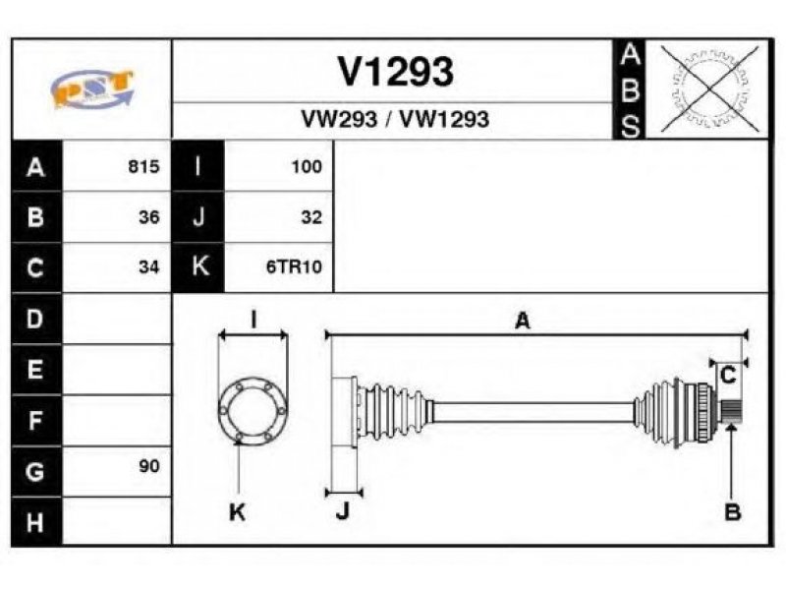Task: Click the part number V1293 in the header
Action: [x=396, y=71]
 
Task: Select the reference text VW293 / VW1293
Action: [x=395, y=119]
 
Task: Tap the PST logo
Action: [x=92, y=88]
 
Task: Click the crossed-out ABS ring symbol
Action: [x=709, y=88]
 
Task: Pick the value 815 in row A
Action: [x=143, y=166]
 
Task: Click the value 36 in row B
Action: [x=149, y=217]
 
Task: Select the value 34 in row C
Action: [x=149, y=266]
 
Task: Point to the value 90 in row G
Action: [x=149, y=466]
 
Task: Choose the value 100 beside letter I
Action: [x=307, y=166]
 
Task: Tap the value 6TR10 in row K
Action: [x=294, y=266]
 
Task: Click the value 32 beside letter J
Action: [x=311, y=217]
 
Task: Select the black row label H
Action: [x=36, y=522]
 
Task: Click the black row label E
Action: [x=36, y=370]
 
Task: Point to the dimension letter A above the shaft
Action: [x=523, y=321]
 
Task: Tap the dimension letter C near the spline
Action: [x=727, y=375]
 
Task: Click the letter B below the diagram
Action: [x=732, y=512]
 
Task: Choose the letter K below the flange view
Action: [x=237, y=512]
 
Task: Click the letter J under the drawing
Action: [x=342, y=511]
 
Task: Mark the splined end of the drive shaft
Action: [x=731, y=410]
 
